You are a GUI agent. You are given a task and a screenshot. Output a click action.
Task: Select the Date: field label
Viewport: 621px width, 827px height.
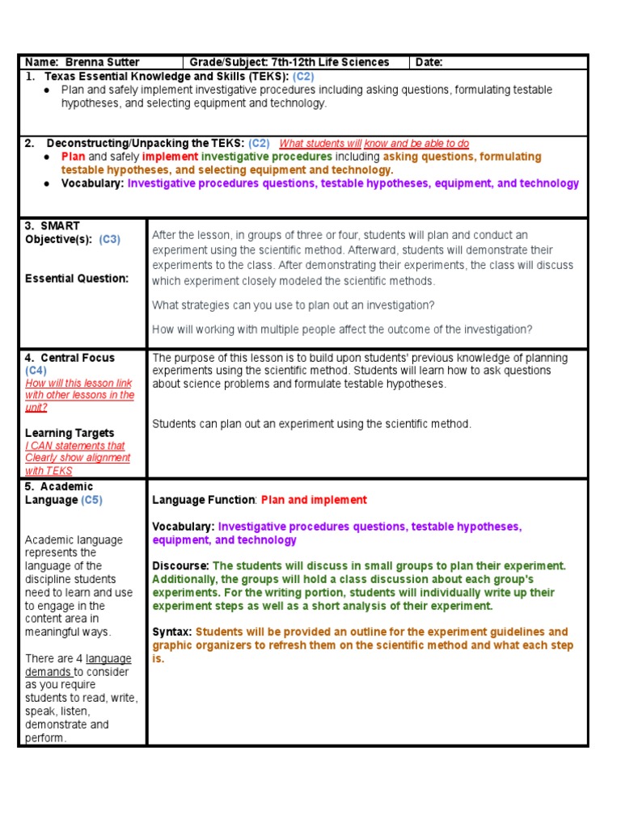click(430, 62)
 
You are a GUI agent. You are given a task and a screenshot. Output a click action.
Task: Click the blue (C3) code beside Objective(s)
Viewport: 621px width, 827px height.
click(110, 240)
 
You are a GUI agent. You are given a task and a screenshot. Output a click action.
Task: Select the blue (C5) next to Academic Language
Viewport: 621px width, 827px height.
click(91, 500)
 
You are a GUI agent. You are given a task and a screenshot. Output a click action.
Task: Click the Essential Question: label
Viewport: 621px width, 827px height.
click(77, 279)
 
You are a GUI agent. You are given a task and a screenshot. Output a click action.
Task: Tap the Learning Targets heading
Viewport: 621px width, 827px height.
click(70, 433)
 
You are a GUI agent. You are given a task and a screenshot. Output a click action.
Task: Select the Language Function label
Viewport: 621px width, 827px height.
click(204, 500)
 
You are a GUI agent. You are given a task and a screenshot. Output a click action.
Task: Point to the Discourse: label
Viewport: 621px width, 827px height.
click(180, 566)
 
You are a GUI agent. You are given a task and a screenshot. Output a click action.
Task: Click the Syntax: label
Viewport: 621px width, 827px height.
click(172, 632)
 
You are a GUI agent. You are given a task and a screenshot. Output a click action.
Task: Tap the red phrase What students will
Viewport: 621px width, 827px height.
click(320, 143)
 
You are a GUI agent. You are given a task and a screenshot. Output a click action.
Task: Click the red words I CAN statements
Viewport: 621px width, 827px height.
click(75, 446)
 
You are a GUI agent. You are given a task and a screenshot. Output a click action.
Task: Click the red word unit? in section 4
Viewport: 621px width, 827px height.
click(36, 408)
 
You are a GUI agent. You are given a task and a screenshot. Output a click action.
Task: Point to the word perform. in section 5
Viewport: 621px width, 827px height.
click(45, 737)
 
